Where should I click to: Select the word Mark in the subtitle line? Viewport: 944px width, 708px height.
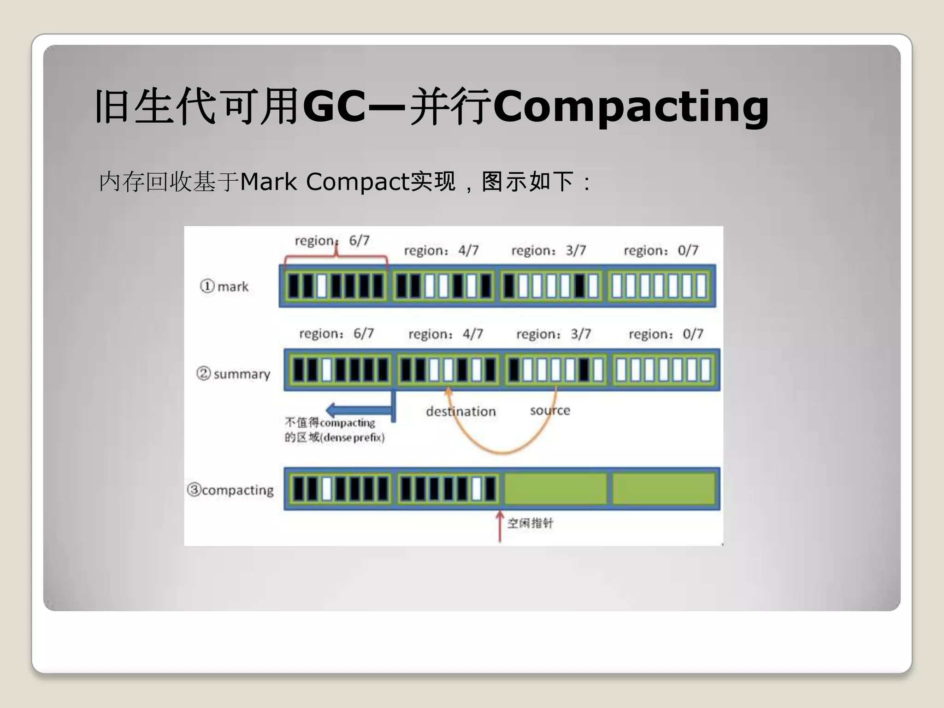[x=268, y=182]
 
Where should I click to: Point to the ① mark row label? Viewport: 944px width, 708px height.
[x=224, y=287]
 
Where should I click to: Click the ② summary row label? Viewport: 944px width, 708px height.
[x=233, y=374]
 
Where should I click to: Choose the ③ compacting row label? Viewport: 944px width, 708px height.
[x=230, y=490]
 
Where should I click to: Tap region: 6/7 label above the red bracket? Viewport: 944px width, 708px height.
[x=332, y=241]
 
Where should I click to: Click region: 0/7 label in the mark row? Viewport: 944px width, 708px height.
[x=661, y=251]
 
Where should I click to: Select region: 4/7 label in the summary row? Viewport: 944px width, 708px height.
[x=445, y=334]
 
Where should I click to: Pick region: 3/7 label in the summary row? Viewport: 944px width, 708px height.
[x=553, y=334]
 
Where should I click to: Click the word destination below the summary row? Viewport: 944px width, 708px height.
[x=460, y=412]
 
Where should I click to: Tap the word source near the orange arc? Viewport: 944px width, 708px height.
[x=550, y=410]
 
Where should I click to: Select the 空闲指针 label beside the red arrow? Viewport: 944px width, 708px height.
[x=530, y=523]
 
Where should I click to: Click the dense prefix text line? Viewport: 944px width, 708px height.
[x=335, y=437]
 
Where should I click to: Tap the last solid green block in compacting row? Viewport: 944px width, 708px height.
[x=663, y=489]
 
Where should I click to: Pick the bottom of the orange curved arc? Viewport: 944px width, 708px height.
[x=502, y=452]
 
